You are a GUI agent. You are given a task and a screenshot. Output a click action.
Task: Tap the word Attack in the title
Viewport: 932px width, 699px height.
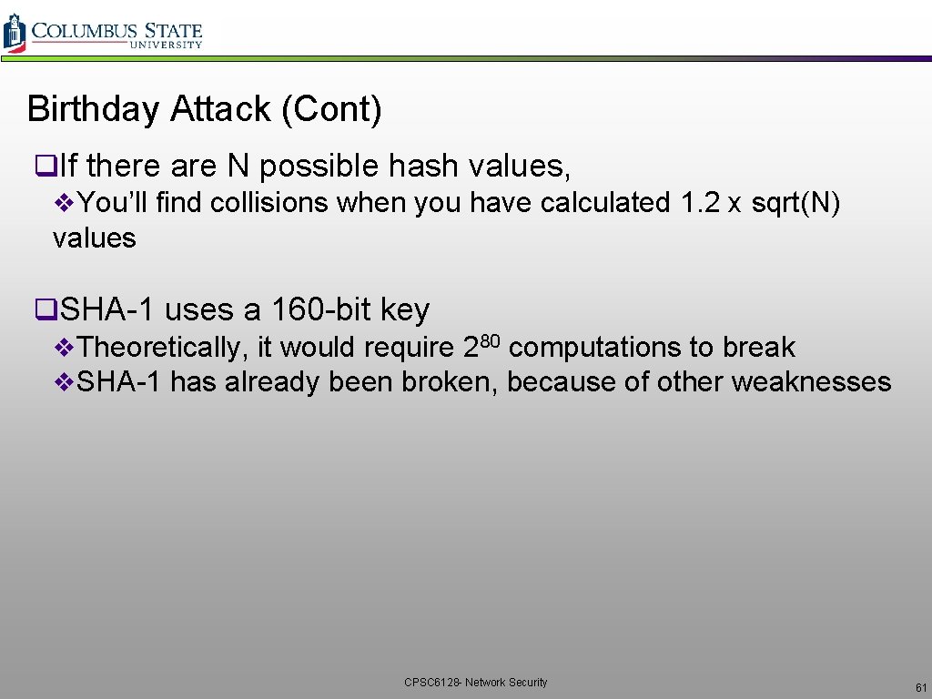[x=219, y=109]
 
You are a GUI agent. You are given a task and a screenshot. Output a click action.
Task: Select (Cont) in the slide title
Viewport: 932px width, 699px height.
[x=331, y=109]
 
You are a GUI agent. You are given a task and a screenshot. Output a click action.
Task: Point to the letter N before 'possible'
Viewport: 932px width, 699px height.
[x=237, y=166]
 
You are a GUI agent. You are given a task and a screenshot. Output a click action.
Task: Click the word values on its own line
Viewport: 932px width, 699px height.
[x=95, y=238]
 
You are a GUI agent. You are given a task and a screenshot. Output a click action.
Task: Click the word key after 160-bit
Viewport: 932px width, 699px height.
[x=405, y=311]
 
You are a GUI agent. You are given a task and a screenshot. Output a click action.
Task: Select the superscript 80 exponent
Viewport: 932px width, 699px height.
[x=491, y=340]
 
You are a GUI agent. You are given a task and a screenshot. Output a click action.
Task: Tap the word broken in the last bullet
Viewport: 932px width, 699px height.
[x=450, y=381]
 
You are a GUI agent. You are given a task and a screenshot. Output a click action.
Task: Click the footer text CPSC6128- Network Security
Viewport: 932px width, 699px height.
[x=476, y=682]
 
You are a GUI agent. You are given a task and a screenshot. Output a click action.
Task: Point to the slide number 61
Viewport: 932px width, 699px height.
[x=921, y=686]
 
